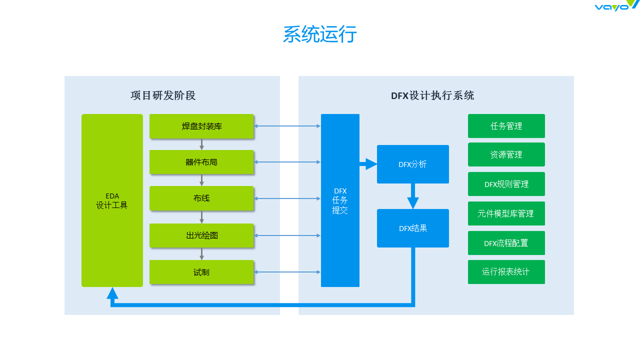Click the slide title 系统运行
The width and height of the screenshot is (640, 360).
pyautogui.click(x=319, y=34)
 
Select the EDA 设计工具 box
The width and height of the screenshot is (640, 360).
pyautogui.click(x=112, y=200)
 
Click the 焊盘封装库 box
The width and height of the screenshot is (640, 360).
pyautogui.click(x=201, y=126)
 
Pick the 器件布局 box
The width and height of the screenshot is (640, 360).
pyautogui.click(x=201, y=162)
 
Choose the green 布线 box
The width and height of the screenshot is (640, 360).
pyautogui.click(x=201, y=198)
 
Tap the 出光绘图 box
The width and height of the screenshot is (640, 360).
pyautogui.click(x=201, y=235)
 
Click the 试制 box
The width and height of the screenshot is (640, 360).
pyautogui.click(x=201, y=272)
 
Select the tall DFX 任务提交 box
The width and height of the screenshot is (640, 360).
pyautogui.click(x=340, y=200)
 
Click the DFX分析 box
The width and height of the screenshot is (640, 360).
pyautogui.click(x=413, y=164)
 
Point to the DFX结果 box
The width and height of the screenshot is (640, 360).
pyautogui.click(x=413, y=228)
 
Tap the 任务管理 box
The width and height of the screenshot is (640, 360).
pyautogui.click(x=506, y=126)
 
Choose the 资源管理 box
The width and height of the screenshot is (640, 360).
pyautogui.click(x=506, y=154)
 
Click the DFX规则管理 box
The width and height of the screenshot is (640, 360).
pyautogui.click(x=506, y=184)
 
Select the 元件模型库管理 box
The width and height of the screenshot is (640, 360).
pyautogui.click(x=506, y=213)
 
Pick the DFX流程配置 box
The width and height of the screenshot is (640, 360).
pyautogui.click(x=506, y=243)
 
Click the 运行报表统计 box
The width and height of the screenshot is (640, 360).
pyautogui.click(x=506, y=272)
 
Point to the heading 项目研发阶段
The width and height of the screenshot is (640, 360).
pyautogui.click(x=163, y=95)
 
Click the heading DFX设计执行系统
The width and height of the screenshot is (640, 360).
pyautogui.click(x=432, y=95)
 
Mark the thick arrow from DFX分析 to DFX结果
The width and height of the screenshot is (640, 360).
pyautogui.click(x=413, y=196)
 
